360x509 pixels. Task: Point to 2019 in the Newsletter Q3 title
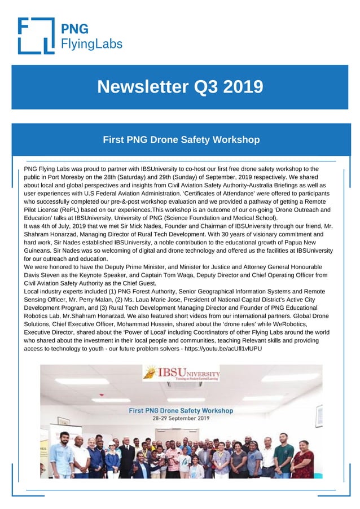[243, 87]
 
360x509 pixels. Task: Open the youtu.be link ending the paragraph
[223, 349]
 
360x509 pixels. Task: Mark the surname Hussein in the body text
[177, 324]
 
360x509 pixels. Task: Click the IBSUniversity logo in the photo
[182, 374]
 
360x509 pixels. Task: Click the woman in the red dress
[302, 460]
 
